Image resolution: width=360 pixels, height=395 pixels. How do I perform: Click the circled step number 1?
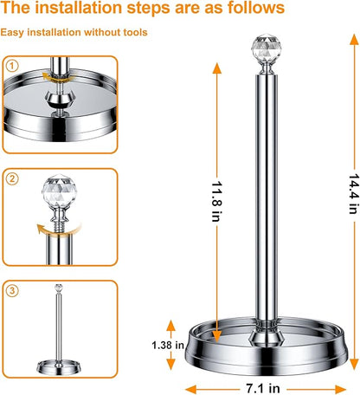click(12, 66)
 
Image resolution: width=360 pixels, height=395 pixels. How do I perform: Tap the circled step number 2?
click(12, 178)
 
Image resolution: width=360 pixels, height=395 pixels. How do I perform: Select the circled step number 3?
click(12, 290)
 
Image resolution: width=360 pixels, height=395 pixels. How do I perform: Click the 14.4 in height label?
click(354, 194)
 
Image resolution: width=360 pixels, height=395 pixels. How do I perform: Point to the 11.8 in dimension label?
click(216, 201)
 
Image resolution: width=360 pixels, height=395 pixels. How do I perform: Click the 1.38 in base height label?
click(168, 345)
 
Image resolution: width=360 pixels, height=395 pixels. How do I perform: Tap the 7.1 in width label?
click(263, 388)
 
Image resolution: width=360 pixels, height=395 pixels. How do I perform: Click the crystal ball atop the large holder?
click(267, 48)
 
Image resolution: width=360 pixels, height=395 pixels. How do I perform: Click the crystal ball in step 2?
click(59, 191)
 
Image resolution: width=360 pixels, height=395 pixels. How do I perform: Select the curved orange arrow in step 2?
click(58, 230)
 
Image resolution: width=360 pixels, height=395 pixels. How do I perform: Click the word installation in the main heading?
click(80, 8)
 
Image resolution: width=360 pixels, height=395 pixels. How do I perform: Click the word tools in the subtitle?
click(135, 32)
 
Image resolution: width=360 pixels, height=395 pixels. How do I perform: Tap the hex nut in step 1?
click(60, 99)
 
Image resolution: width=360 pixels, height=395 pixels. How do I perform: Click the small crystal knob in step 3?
click(59, 288)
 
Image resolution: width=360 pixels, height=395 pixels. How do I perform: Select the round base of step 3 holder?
click(59, 367)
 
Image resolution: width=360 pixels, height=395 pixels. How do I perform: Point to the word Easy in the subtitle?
click(12, 32)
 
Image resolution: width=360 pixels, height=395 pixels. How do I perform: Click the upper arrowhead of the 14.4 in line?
click(354, 40)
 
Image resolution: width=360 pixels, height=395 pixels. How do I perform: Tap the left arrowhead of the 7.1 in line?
click(190, 389)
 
